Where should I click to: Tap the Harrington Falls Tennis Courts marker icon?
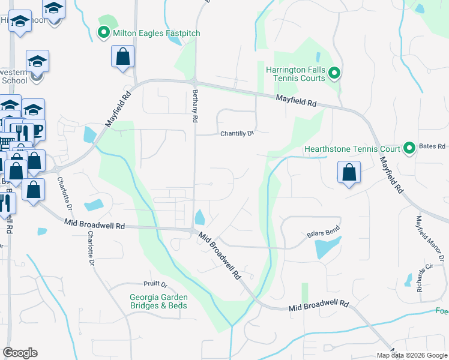click(334, 74)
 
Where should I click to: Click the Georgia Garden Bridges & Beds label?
click(158, 301)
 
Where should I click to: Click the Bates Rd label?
click(433, 146)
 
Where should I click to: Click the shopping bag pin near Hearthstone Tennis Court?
click(349, 173)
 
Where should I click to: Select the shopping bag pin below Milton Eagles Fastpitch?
click(122, 58)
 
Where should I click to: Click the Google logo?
click(20, 353)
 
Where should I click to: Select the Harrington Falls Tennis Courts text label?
click(296, 74)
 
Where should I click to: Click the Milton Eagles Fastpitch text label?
click(156, 33)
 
